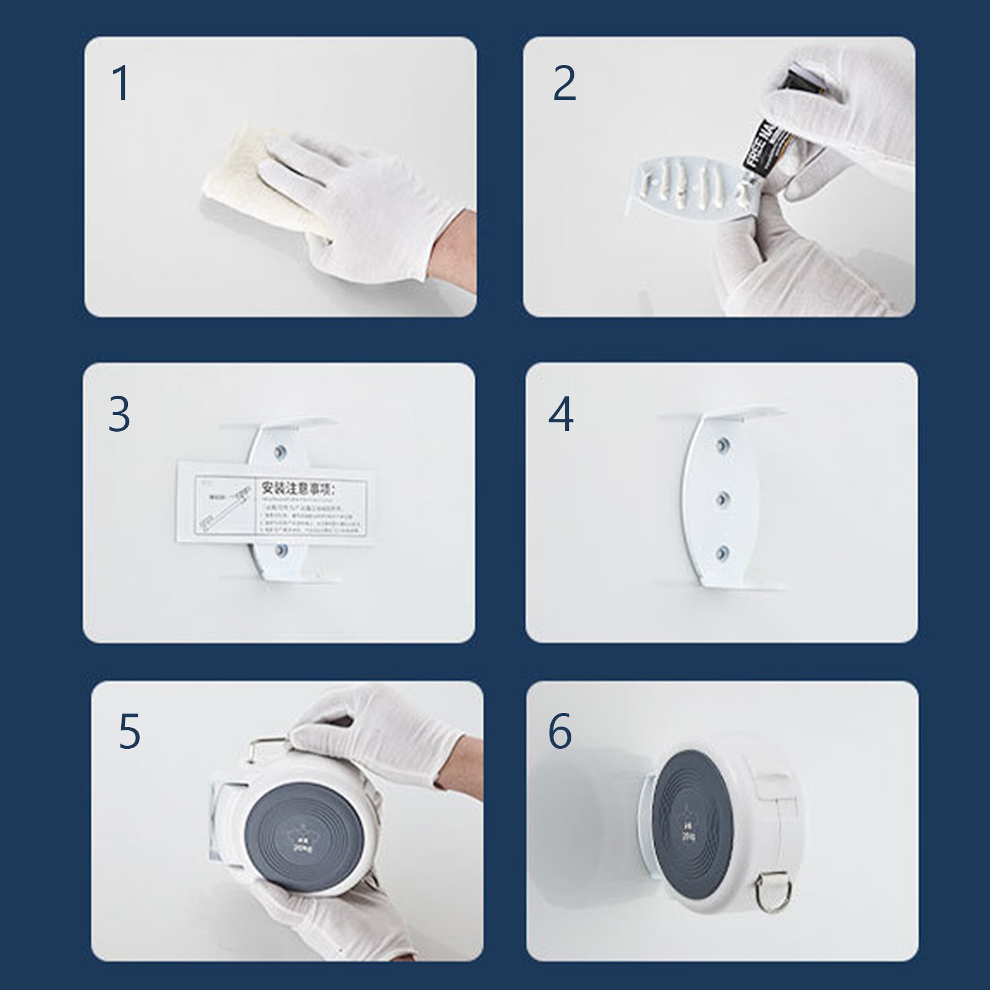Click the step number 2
pyautogui.click(x=564, y=83)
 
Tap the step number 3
pyautogui.click(x=119, y=414)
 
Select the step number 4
pyautogui.click(x=561, y=414)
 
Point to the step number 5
pyautogui.click(x=130, y=732)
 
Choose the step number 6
pyautogui.click(x=560, y=731)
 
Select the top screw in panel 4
pyautogui.click(x=722, y=445)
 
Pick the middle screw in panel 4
pyautogui.click(x=722, y=498)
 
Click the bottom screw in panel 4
pyautogui.click(x=722, y=552)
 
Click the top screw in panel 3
pyautogui.click(x=280, y=451)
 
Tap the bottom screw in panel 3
pyautogui.click(x=280, y=550)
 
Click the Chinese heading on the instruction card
pyautogui.click(x=297, y=488)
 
